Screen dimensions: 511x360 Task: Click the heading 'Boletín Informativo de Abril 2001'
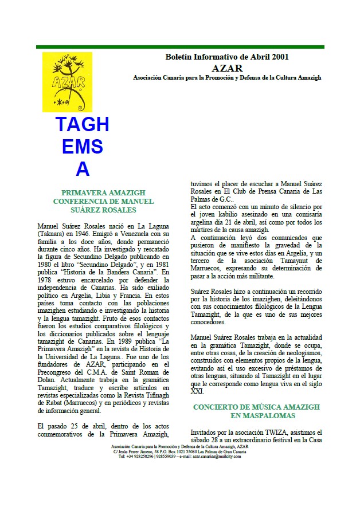click(226, 57)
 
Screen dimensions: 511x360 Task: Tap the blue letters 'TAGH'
click(83, 124)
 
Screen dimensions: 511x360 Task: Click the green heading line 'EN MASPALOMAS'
click(256, 415)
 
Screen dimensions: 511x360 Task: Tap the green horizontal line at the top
click(180, 47)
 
